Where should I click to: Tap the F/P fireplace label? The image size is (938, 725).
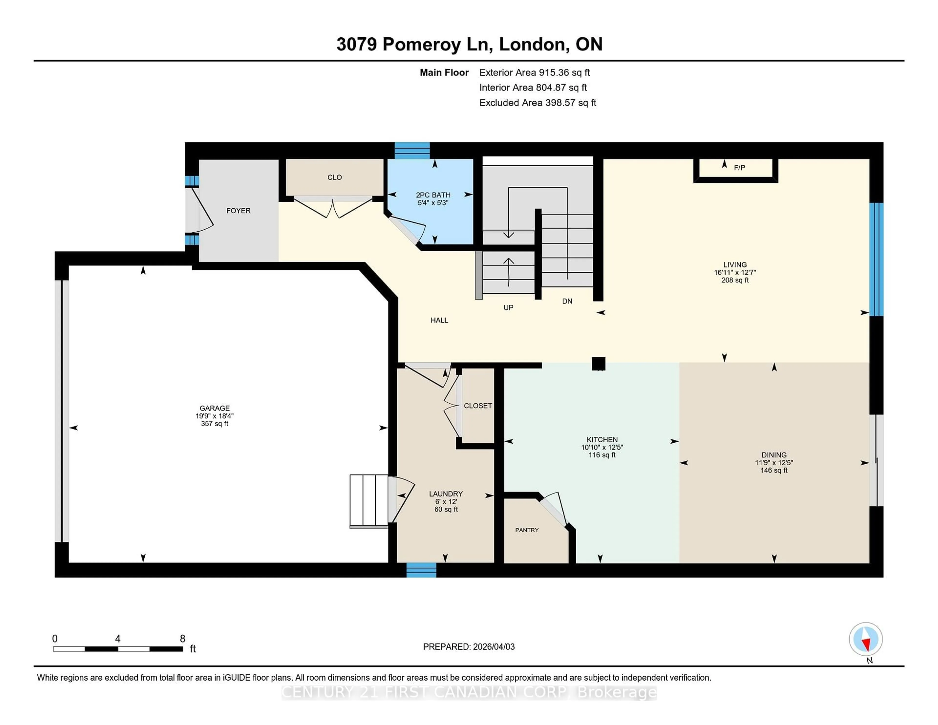739,168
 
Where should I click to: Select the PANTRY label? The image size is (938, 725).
527,530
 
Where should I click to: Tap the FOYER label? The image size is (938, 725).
238,211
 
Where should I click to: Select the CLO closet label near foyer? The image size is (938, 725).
335,177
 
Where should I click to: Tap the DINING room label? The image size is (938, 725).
774,455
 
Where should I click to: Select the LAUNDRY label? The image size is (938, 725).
446,494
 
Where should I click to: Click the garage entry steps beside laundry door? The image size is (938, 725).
369,500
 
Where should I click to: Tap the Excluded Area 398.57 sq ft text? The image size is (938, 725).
537,103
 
